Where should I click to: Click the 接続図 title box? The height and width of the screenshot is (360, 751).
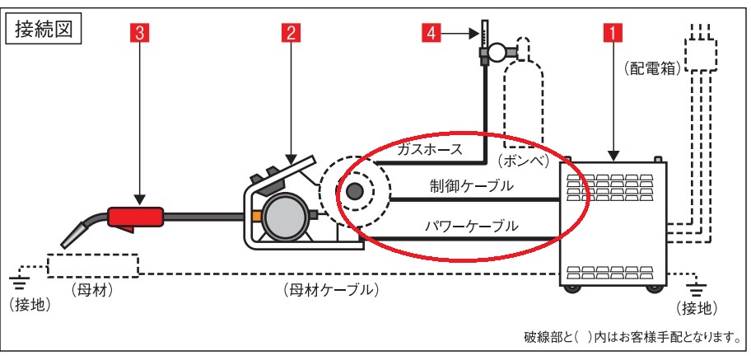pos(43,30)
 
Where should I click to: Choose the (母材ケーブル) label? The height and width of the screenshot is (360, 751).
pos(329,288)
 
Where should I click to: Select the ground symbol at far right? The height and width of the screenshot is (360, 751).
pos(697,289)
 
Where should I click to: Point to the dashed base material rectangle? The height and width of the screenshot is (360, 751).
pos(91,264)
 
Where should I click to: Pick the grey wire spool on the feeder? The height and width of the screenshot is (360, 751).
pos(284,216)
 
